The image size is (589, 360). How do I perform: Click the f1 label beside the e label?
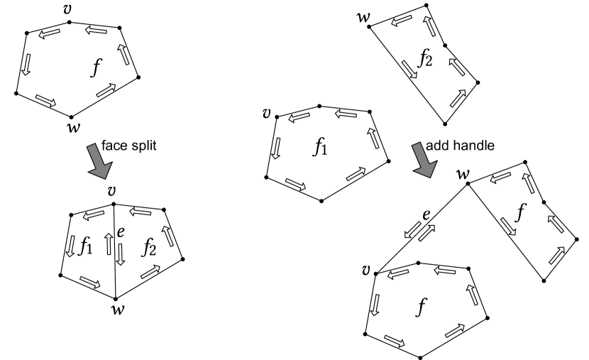pos(85,246)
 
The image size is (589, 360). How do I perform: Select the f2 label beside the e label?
pos(148,246)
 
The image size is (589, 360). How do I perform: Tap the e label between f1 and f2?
pos(121,231)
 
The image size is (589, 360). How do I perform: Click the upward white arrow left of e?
pos(109,244)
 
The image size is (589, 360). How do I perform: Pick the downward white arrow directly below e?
pos(121,254)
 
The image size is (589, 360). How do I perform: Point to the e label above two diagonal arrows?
pos(426,214)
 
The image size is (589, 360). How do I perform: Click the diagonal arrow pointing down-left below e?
pos(412,230)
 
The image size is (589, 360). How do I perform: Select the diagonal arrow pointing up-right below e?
pos(426,233)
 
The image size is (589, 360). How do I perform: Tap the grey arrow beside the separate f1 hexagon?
pos(424,160)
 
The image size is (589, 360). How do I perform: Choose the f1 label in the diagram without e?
pos(319,147)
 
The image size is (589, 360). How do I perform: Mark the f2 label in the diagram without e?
pos(425,58)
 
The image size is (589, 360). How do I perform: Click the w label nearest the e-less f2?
pos(363,17)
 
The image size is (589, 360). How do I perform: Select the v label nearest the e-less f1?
pos(267,114)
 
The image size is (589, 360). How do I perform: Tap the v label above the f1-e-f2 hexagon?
pos(112,191)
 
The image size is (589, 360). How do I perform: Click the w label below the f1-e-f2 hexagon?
pos(118,309)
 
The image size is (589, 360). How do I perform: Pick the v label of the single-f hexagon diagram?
pos(67,9)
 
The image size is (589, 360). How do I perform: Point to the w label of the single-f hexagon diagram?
pos(73,128)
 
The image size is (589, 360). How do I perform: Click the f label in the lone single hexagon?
pos(97,69)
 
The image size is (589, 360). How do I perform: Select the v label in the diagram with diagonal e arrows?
pos(366,270)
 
